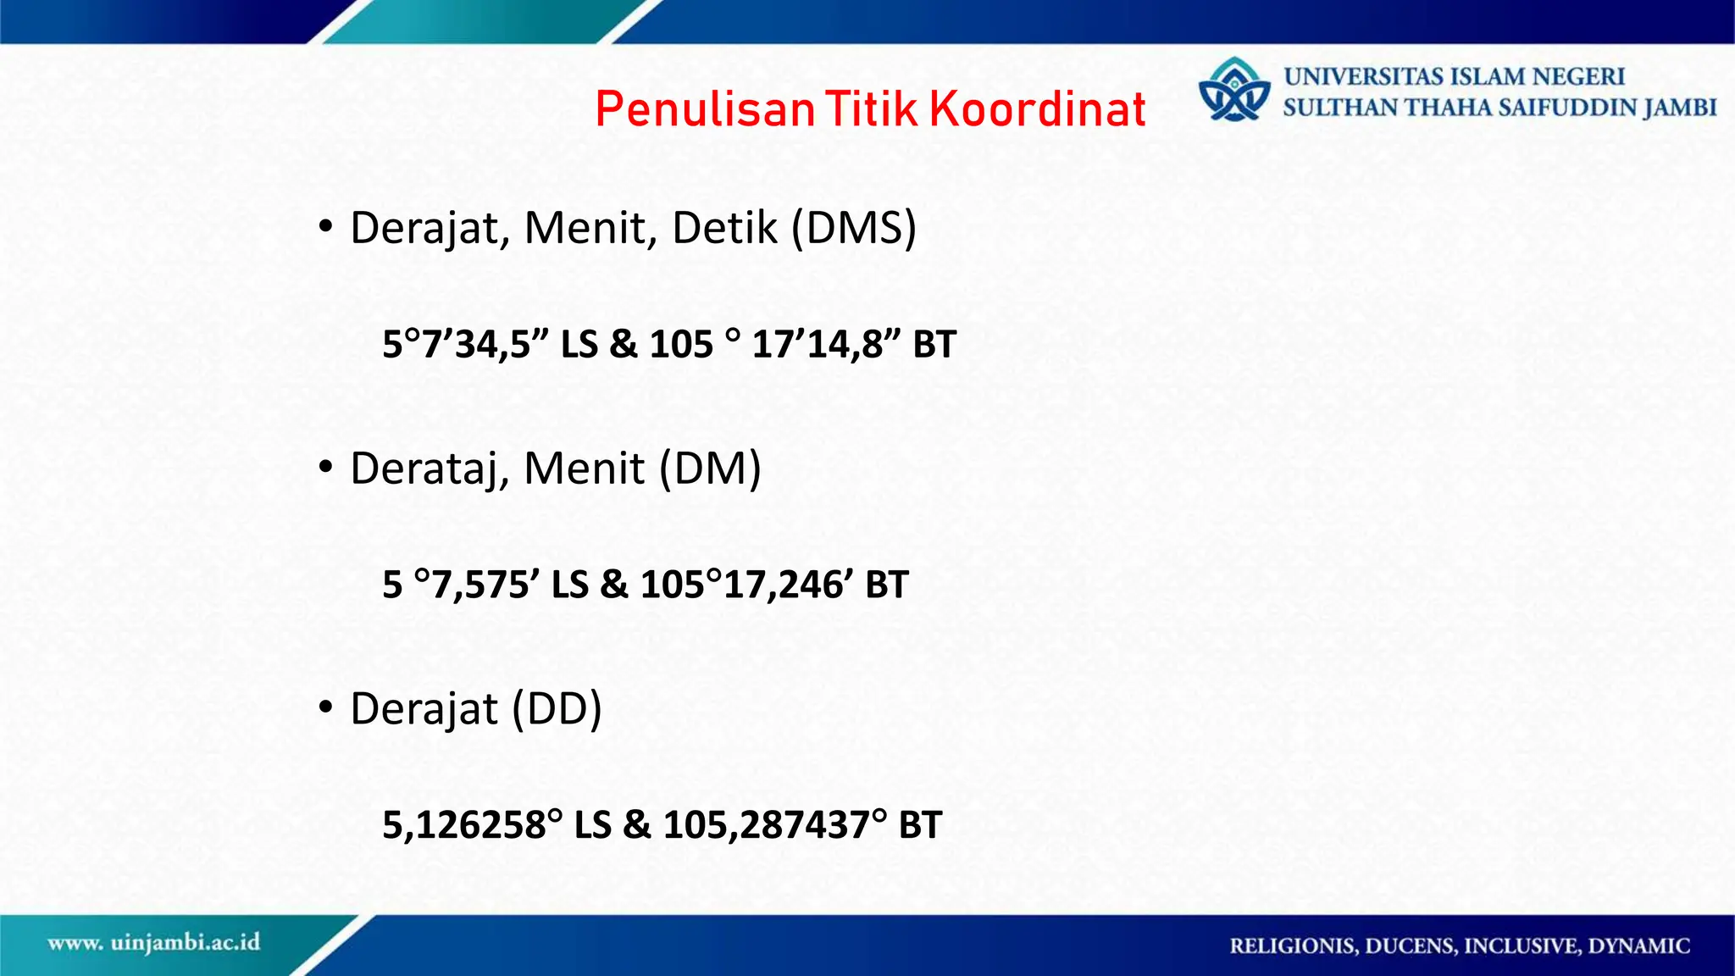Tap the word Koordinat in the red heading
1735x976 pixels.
coord(1037,109)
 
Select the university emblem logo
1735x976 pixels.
coord(1234,90)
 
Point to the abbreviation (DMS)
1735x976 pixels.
coord(854,228)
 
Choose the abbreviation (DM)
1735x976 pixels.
coord(710,469)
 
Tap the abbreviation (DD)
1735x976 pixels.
coord(557,709)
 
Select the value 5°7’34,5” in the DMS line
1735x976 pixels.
coord(465,345)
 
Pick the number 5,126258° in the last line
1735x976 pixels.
coord(472,825)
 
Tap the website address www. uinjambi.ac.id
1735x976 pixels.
coord(154,943)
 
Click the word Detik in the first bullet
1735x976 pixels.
coord(724,228)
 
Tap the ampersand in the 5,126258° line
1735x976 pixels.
coord(636,825)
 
